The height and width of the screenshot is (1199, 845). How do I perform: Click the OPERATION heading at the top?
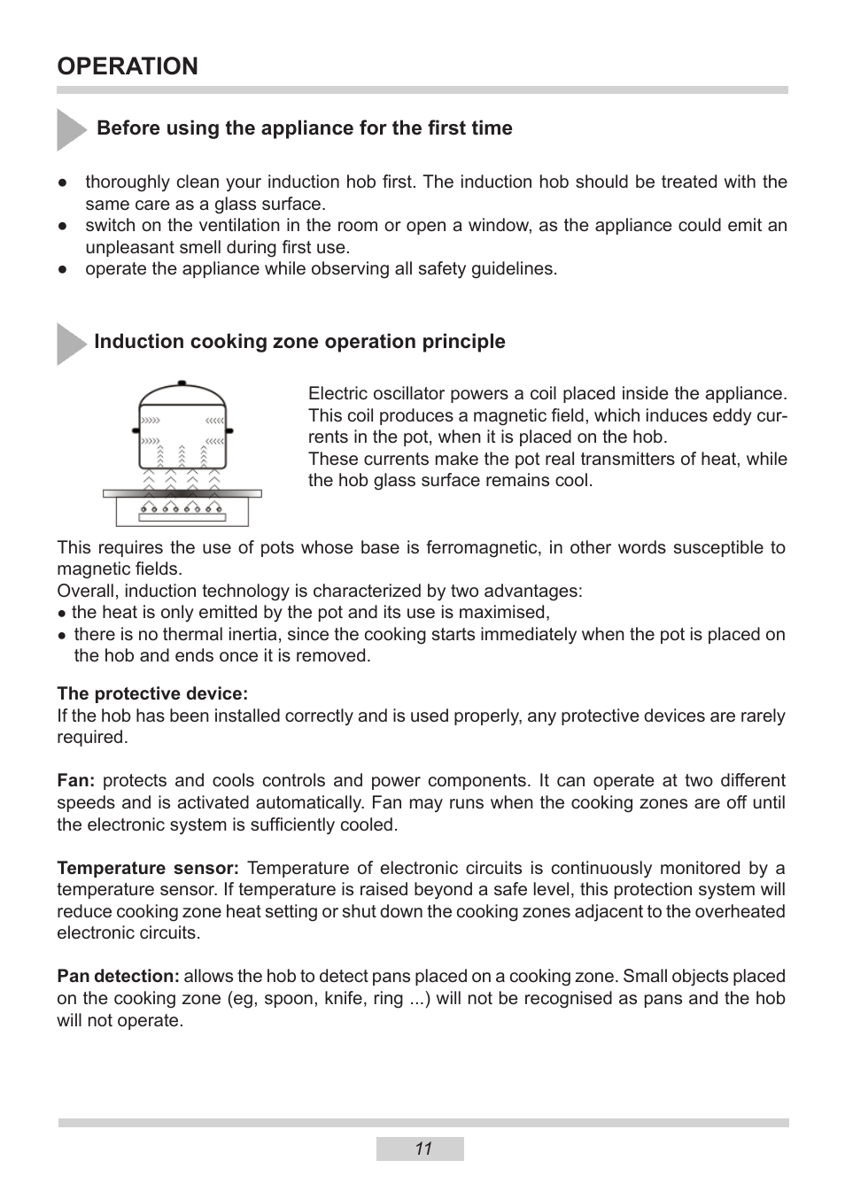(x=128, y=66)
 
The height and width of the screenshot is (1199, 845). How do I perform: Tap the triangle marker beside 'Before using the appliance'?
(x=70, y=129)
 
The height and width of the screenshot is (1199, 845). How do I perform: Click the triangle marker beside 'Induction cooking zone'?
(x=70, y=344)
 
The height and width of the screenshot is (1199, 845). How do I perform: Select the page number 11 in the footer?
(x=422, y=1149)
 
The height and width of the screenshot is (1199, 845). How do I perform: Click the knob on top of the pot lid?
(x=183, y=383)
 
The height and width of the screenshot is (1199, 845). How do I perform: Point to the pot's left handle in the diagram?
(x=136, y=429)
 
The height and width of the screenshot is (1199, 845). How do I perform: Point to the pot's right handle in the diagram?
(x=230, y=429)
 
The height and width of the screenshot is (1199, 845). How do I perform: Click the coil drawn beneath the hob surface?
(x=182, y=507)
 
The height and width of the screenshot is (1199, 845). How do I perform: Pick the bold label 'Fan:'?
(x=75, y=780)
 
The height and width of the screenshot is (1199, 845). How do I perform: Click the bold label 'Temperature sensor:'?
(x=148, y=868)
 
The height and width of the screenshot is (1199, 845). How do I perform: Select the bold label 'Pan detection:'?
(x=118, y=976)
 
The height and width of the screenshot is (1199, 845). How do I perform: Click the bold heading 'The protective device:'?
(x=152, y=693)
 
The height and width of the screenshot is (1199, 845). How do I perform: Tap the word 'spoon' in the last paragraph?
(x=290, y=998)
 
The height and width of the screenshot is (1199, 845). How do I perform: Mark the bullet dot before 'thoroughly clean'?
(x=63, y=182)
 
